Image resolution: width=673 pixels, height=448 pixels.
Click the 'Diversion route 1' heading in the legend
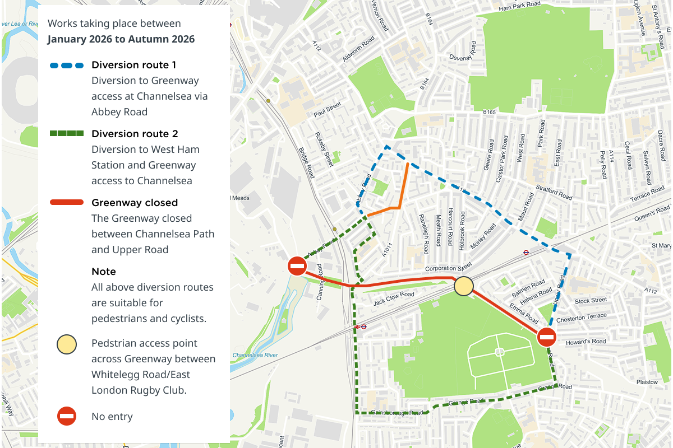click(x=134, y=65)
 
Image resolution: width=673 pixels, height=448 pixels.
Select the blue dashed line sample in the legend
click(x=67, y=65)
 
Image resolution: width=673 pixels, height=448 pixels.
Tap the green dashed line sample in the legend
click(x=67, y=134)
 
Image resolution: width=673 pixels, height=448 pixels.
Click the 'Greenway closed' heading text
click(x=135, y=203)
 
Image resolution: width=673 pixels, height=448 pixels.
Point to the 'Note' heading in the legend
click(x=104, y=272)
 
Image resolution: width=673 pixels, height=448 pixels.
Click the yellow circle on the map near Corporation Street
click(x=464, y=286)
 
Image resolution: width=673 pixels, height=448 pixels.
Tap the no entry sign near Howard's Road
click(x=547, y=337)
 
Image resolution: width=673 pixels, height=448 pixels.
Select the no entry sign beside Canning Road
click(x=297, y=266)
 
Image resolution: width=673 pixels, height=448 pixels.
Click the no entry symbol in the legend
click(x=67, y=416)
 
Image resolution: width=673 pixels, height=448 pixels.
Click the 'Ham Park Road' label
click(x=519, y=7)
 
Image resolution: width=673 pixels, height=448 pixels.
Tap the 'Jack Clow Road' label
click(x=394, y=298)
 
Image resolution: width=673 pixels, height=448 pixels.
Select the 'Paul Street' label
click(x=328, y=110)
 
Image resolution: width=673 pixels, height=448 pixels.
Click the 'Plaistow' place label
click(x=647, y=382)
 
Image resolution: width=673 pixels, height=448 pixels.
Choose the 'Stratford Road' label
click(x=554, y=193)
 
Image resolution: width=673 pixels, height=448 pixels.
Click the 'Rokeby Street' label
click(x=324, y=149)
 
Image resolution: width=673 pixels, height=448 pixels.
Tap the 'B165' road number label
click(x=490, y=113)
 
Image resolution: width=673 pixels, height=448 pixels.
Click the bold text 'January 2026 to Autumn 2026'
click(x=121, y=39)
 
